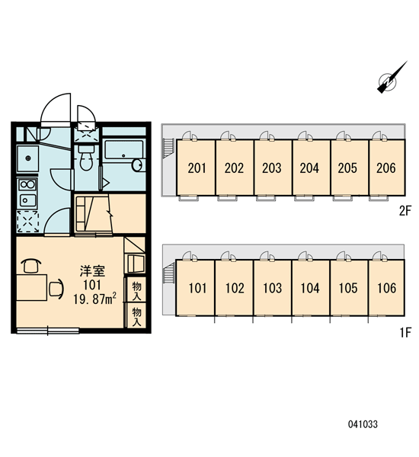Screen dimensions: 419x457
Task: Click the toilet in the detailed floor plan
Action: click(86, 158)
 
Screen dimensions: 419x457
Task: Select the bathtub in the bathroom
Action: click(124, 150)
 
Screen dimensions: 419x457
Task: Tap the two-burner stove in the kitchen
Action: click(27, 184)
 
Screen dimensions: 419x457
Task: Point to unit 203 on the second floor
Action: click(273, 168)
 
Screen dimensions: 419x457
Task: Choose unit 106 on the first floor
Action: click(386, 288)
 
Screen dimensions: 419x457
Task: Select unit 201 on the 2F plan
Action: click(196, 168)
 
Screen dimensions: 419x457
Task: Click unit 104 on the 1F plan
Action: click(311, 288)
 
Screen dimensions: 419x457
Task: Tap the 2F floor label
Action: click(405, 211)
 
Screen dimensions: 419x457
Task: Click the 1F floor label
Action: click(405, 332)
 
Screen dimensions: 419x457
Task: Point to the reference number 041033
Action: click(363, 424)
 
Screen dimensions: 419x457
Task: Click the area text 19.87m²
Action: click(95, 299)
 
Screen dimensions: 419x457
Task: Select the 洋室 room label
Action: click(92, 271)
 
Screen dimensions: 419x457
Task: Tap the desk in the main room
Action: click(31, 287)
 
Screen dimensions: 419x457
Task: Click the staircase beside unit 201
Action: click(169, 149)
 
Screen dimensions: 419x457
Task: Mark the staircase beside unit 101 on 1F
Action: click(169, 272)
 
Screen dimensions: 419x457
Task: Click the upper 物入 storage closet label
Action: click(137, 291)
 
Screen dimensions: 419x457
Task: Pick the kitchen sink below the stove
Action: click(27, 200)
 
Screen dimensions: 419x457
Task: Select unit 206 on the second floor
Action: click(386, 168)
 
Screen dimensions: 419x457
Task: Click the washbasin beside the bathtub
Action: click(137, 165)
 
